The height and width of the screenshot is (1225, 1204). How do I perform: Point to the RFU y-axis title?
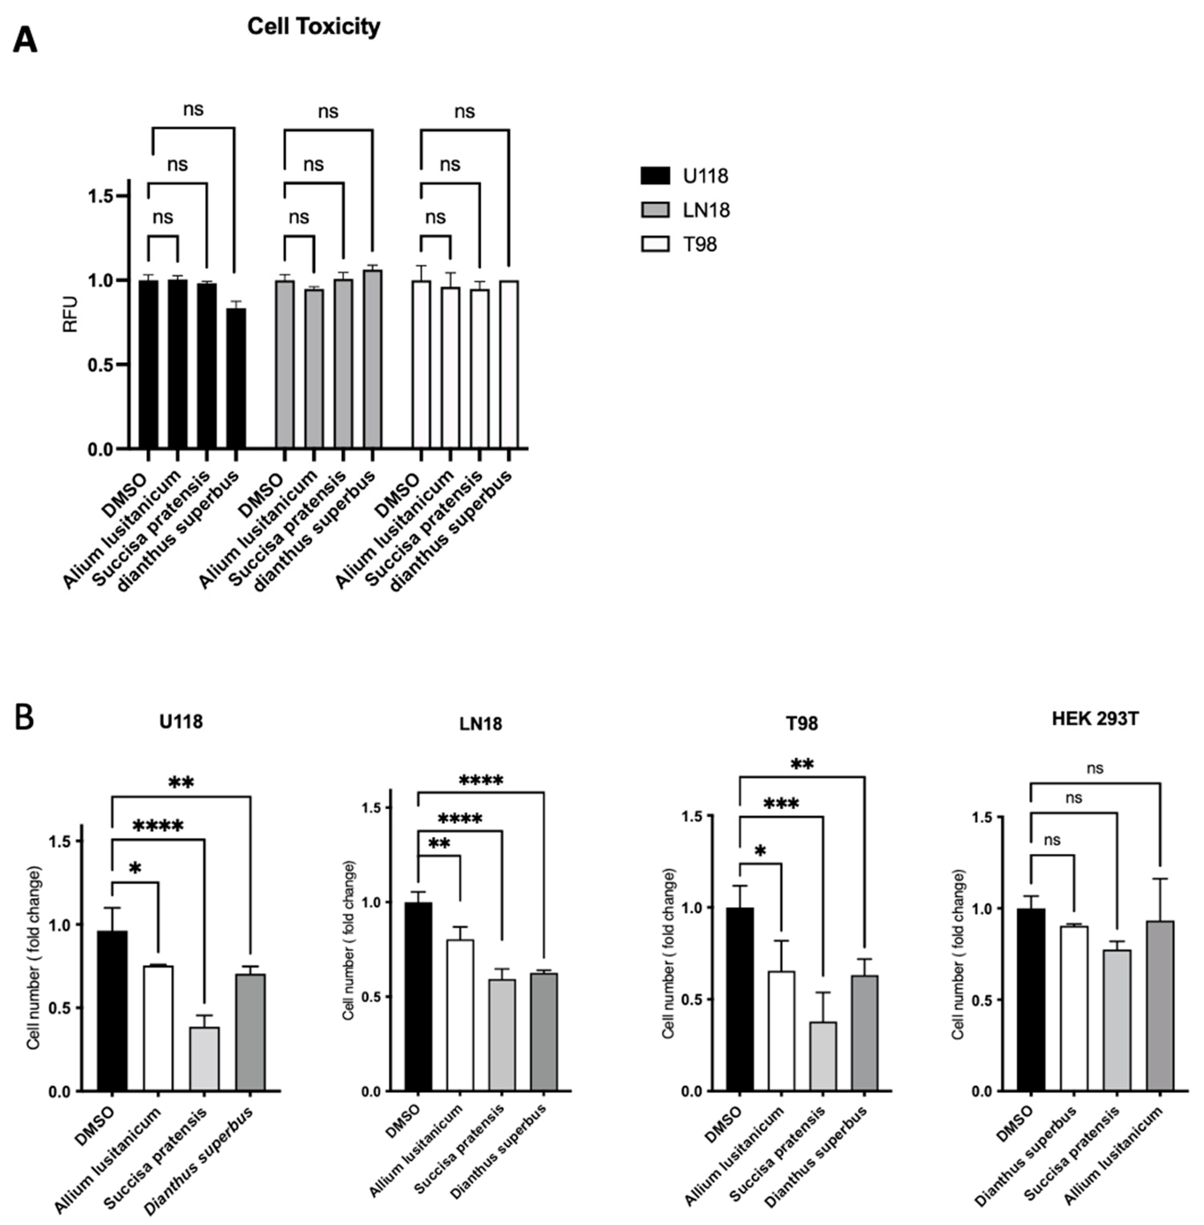coord(70,314)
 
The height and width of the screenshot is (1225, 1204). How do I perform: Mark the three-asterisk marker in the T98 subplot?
coord(781,805)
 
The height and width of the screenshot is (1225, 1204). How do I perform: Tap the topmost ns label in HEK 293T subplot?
coord(1095,768)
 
